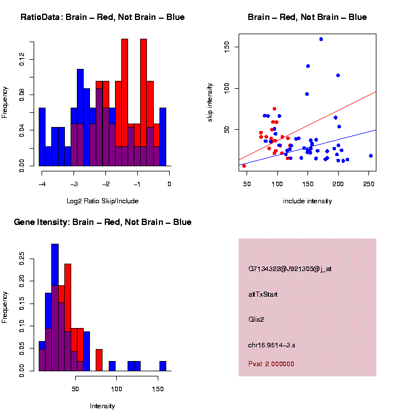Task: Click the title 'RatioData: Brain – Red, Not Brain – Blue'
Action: [102, 17]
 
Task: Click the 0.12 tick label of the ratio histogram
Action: [22, 59]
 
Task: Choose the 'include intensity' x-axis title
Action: [307, 200]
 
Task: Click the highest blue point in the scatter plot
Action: [321, 39]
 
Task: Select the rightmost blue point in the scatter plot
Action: [371, 155]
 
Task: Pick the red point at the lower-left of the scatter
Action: [244, 166]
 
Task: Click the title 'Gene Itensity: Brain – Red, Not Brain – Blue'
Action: [102, 222]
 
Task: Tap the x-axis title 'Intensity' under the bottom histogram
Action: [102, 406]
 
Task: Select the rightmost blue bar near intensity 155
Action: [163, 366]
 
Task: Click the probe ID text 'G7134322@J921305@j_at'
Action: [290, 269]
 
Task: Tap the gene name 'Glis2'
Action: [256, 319]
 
